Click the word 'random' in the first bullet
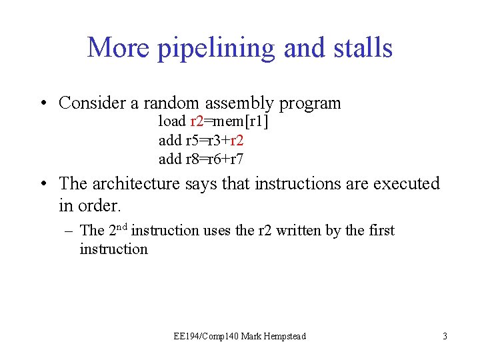point(175,103)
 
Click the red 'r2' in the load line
point(197,121)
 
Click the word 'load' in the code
point(171,121)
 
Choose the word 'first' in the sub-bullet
point(380,231)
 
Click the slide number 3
point(445,337)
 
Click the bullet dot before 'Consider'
point(43,104)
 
